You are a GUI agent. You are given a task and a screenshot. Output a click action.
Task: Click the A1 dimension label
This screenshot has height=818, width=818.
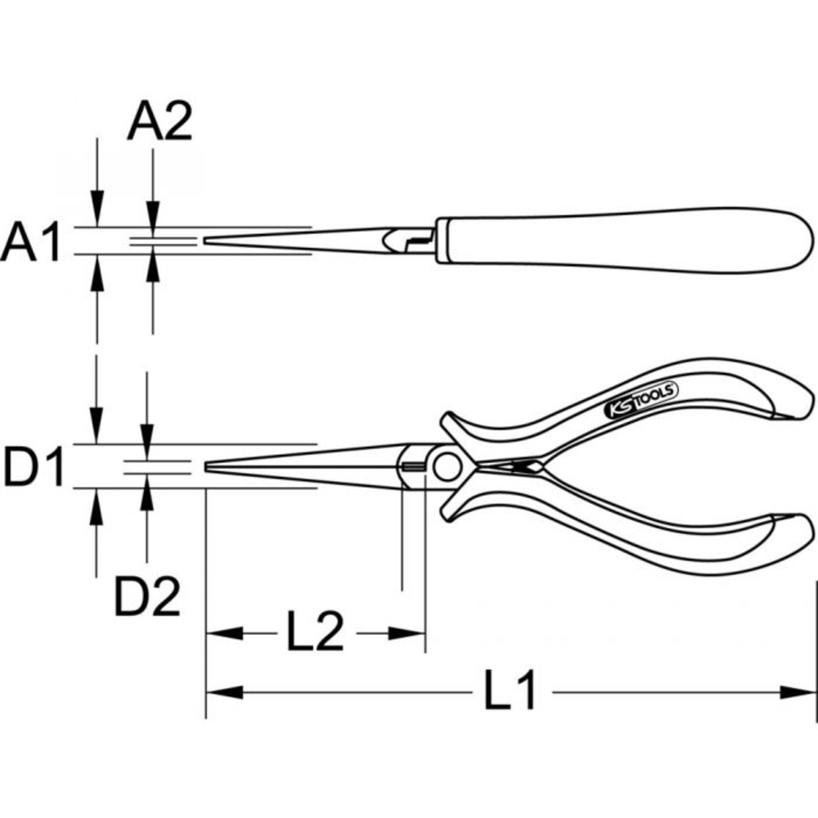[x=31, y=243]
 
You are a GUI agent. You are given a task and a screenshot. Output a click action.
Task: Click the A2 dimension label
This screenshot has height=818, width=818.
[x=160, y=123]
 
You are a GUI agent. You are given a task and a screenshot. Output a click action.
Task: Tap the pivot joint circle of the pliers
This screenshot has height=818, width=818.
[x=447, y=467]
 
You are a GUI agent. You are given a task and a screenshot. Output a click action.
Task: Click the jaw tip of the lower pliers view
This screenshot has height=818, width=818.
[x=209, y=466]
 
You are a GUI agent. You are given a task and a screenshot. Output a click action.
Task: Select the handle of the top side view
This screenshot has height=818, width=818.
[x=622, y=240]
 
